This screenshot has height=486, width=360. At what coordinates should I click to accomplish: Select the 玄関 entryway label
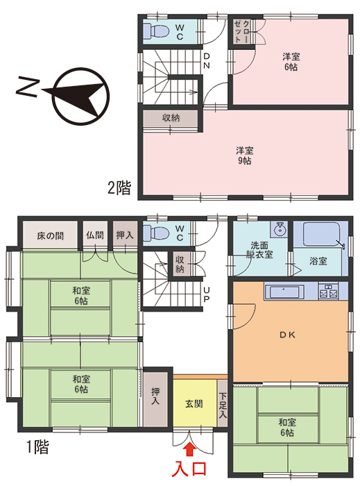(x=194, y=403)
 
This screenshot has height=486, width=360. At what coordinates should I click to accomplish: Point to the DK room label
(x=288, y=335)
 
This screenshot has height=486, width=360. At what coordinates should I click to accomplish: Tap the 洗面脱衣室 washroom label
(x=262, y=250)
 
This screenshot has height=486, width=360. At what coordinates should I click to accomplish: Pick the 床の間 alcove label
(x=50, y=235)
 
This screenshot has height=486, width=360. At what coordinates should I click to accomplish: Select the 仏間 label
(x=95, y=235)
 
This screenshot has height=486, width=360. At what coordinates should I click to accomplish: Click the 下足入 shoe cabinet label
(x=223, y=405)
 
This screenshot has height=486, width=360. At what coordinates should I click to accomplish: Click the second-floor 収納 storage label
(x=171, y=118)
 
